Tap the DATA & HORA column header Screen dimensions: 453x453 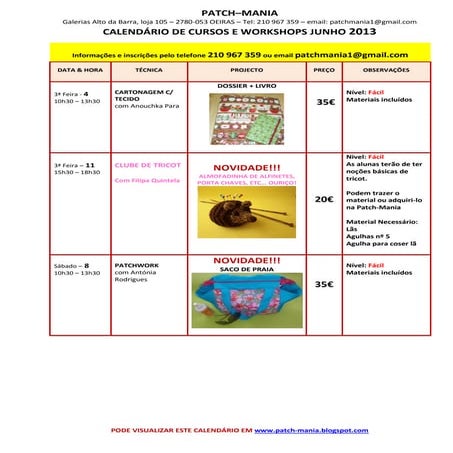click(x=80, y=71)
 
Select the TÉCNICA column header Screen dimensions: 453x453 click(x=148, y=71)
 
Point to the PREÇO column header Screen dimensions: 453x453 click(x=324, y=71)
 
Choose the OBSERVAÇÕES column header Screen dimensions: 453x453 click(x=386, y=71)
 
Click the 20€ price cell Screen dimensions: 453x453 click(x=324, y=199)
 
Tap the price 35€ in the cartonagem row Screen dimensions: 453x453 click(x=325, y=102)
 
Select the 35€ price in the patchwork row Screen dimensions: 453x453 click(x=324, y=284)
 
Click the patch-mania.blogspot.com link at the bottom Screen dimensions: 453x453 click(x=311, y=430)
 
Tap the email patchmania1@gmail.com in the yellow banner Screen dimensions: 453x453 click(x=351, y=54)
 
